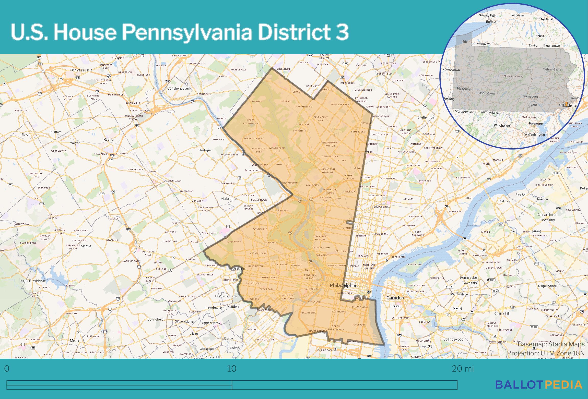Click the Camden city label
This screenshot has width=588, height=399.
395,298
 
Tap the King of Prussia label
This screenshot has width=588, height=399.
81,70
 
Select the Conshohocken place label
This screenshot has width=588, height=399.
178,89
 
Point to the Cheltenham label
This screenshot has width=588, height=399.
426,117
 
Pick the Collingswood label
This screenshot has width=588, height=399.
453,339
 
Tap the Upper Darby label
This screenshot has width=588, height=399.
211,323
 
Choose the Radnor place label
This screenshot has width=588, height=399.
109,140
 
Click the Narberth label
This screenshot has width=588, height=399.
227,199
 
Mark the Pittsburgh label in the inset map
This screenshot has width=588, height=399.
464,89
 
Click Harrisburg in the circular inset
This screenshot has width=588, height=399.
530,96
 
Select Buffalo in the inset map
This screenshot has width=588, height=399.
491,22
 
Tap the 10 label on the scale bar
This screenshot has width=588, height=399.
232,369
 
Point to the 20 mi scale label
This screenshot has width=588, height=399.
463,369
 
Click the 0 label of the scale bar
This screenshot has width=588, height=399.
7,369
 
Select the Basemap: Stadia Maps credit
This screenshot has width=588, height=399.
551,344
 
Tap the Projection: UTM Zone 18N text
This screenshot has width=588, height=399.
546,353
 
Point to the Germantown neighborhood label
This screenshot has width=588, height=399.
330,156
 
